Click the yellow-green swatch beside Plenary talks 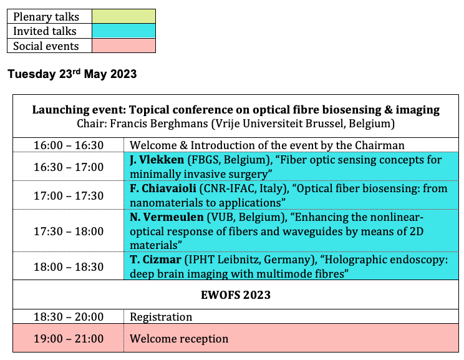(123, 16)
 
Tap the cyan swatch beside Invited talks (123, 31)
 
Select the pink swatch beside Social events (123, 46)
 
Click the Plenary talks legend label (46, 17)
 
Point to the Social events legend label (46, 46)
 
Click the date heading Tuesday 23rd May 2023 (72, 74)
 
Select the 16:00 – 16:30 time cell (69, 145)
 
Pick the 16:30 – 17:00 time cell (69, 167)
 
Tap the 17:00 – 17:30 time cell (69, 196)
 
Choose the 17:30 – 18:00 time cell (69, 231)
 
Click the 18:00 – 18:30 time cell (69, 267)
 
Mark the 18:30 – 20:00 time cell (69, 317)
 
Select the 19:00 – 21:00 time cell (69, 338)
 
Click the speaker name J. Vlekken (157, 160)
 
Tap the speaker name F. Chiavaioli (163, 188)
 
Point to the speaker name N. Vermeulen (167, 217)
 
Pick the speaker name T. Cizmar (156, 260)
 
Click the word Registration (161, 317)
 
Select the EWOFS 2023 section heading (236, 295)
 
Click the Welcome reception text (179, 339)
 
